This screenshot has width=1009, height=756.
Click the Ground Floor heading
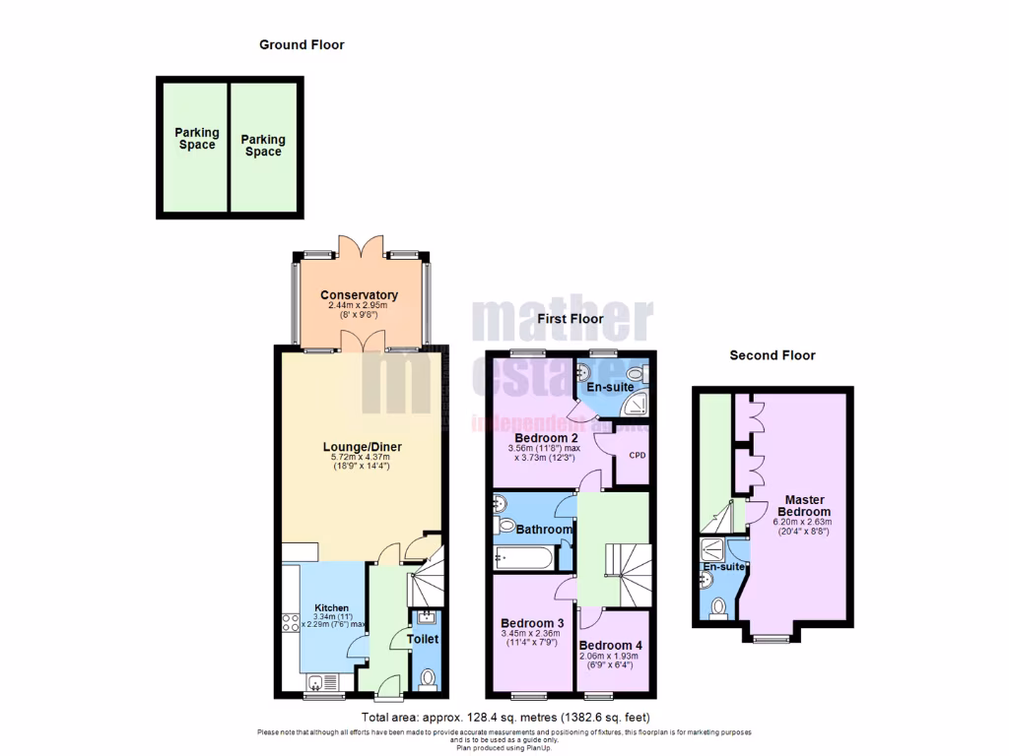coord(302,44)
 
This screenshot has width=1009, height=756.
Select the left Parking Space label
coord(197,139)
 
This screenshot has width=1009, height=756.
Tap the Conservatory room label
coord(359,295)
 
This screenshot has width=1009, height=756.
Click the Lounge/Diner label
coord(363,447)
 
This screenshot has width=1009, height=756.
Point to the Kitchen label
coord(332,607)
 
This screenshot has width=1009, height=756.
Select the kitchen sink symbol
coord(318,682)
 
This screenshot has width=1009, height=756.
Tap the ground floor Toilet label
coord(423,639)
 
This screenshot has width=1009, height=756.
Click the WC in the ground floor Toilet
coord(427,679)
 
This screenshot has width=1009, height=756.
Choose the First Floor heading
coord(571,319)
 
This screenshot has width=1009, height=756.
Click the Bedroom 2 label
coord(546,438)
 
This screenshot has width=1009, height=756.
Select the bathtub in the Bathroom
coord(523,557)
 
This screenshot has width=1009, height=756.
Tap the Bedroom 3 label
coord(532,623)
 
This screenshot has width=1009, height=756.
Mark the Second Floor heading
coord(773,355)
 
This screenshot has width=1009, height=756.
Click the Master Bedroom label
coord(804,506)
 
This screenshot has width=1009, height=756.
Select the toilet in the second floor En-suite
coord(718,606)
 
